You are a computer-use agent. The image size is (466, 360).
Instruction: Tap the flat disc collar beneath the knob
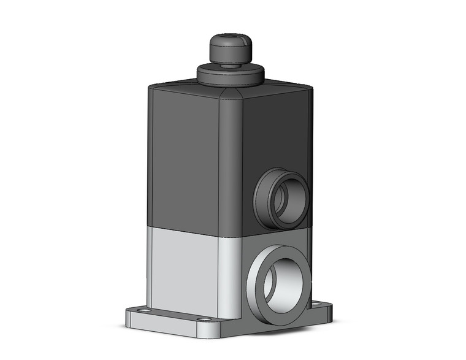coord(229,74)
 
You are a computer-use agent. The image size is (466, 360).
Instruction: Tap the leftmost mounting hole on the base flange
coord(142,312)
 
